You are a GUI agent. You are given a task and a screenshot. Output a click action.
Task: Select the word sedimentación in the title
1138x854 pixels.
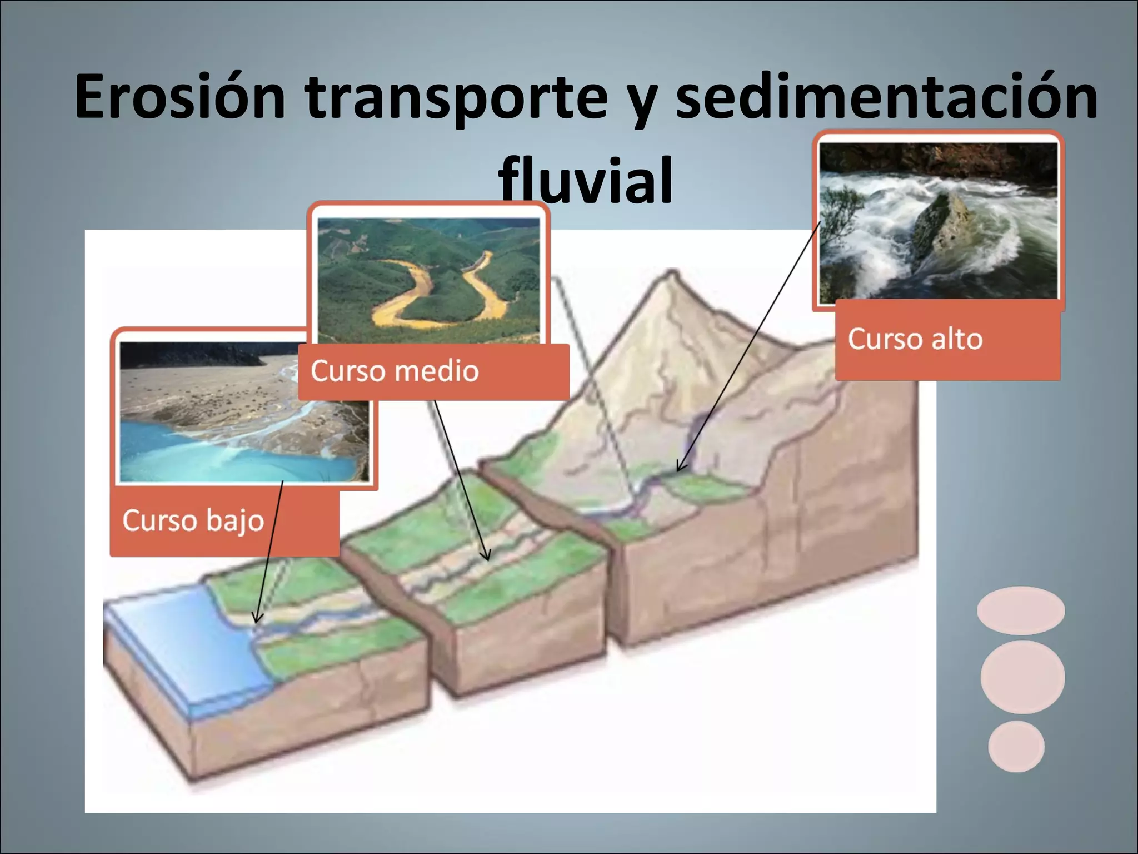click(x=887, y=97)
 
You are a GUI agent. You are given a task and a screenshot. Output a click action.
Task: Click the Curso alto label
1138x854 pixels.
click(x=915, y=339)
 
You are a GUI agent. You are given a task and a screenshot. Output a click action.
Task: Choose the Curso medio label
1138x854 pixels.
click(x=395, y=371)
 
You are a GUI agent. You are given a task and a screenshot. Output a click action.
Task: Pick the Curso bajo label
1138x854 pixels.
click(x=193, y=520)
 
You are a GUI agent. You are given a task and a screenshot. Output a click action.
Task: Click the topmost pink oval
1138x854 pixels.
click(x=1021, y=610)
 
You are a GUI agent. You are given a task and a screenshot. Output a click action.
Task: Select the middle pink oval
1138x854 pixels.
click(x=1022, y=677)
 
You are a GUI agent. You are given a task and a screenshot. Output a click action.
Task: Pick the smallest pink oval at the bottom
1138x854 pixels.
click(x=1016, y=746)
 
